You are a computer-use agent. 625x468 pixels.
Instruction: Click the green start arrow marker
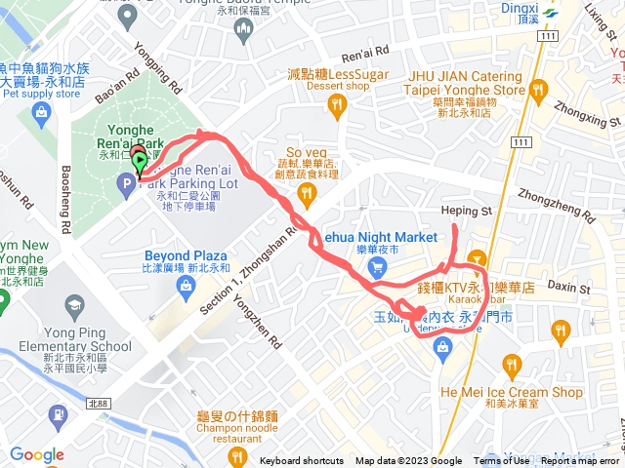[141, 162]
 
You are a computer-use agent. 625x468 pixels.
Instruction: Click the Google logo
[36, 454]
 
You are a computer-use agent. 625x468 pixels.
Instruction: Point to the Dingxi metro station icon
[549, 14]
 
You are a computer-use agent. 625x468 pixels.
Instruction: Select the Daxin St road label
[562, 286]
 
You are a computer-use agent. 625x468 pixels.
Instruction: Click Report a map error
[581, 461]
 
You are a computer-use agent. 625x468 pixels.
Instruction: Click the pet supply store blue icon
[42, 113]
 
